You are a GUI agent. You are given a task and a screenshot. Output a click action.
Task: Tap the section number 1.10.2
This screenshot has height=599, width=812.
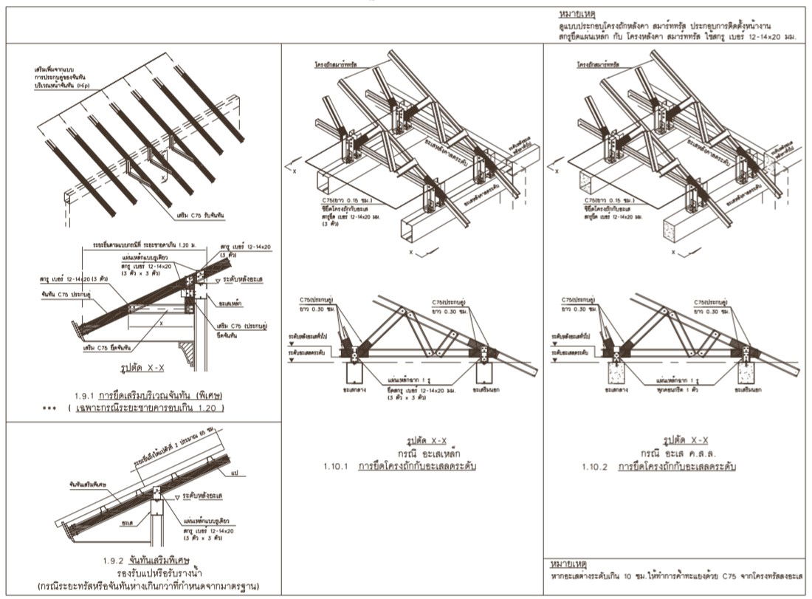coord(596,467)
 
